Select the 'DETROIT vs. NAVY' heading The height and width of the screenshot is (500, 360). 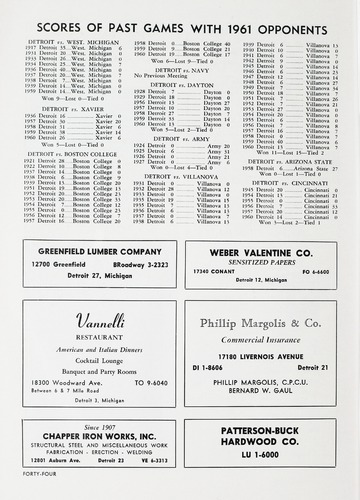167,68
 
